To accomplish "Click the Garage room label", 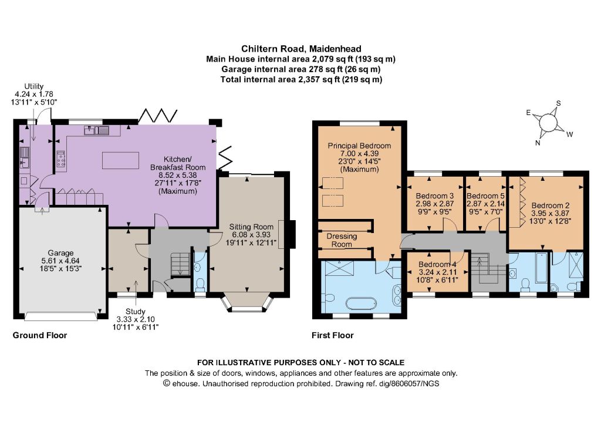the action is click(x=60, y=253).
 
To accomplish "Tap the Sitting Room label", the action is click(x=251, y=227).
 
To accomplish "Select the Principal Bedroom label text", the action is click(x=359, y=146).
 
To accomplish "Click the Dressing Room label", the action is click(x=342, y=240).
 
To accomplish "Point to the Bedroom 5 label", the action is click(x=485, y=196).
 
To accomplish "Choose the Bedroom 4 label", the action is click(x=437, y=264).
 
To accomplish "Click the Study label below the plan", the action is click(x=136, y=312).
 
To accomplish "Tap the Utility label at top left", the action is click(x=33, y=86).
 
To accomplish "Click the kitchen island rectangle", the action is click(x=120, y=160).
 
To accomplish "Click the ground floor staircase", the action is click(x=180, y=264).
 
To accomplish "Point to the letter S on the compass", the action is click(x=559, y=103).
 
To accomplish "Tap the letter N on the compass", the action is click(x=538, y=143).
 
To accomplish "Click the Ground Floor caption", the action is click(x=40, y=335).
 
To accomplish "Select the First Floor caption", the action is click(x=332, y=335).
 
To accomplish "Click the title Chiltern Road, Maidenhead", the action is click(x=301, y=49).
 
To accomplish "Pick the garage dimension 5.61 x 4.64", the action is click(x=60, y=261).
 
